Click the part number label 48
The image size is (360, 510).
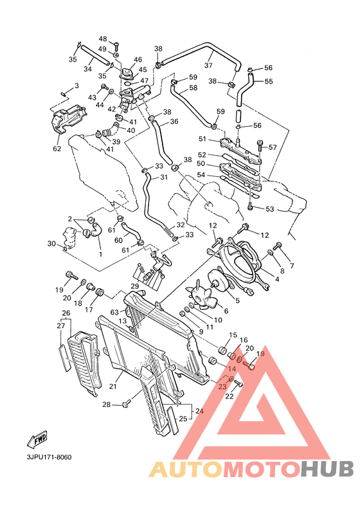pyautogui.click(x=103, y=39)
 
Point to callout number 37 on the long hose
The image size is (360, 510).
pyautogui.click(x=208, y=65)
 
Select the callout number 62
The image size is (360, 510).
pyautogui.click(x=57, y=149)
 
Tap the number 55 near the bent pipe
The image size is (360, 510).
pyautogui.click(x=269, y=82)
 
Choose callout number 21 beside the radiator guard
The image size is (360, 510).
pyautogui.click(x=113, y=387)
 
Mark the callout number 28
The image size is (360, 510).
pyautogui.click(x=107, y=405)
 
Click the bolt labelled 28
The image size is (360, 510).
pyautogui.click(x=126, y=403)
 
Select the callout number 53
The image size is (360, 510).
pyautogui.click(x=269, y=209)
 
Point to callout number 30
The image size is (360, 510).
pyautogui.click(x=51, y=243)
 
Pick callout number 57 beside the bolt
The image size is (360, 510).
pyautogui.click(x=273, y=147)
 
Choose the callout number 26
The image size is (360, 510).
pyautogui.click(x=66, y=313)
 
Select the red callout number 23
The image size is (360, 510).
pyautogui.click(x=222, y=387)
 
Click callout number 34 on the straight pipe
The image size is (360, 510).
pyautogui.click(x=88, y=69)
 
